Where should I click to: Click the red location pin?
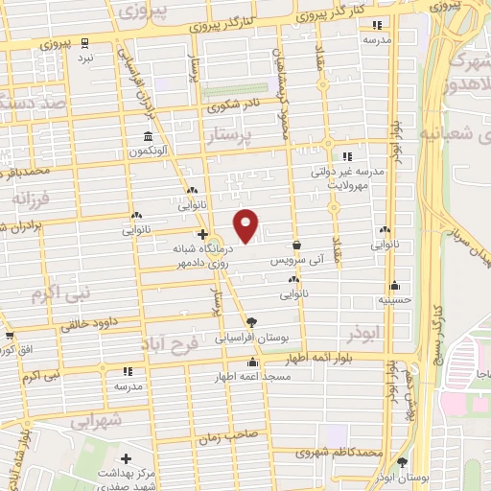(247, 224)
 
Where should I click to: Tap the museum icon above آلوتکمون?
(147, 135)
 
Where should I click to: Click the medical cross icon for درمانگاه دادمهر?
(201, 233)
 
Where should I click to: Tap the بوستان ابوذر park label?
(414, 477)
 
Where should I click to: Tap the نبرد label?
(84, 58)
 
